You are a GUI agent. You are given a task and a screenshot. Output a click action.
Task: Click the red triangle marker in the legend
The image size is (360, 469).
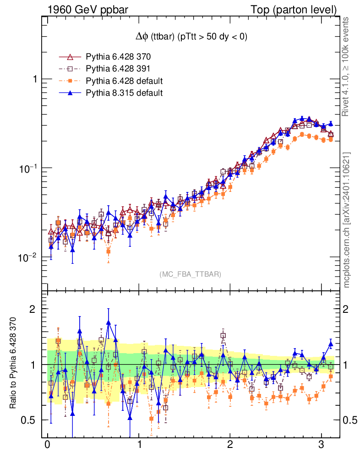pyautogui.click(x=70, y=57)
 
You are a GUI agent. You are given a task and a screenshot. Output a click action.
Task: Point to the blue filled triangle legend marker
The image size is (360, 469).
pyautogui.click(x=70, y=93)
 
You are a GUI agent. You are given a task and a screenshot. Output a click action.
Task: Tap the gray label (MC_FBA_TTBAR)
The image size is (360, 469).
pyautogui.click(x=190, y=274)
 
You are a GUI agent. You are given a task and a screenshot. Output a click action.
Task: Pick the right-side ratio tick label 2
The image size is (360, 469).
pyautogui.click(x=349, y=309)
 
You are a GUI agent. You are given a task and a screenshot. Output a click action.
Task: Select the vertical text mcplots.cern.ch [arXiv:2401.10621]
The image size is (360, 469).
pyautogui.click(x=347, y=220)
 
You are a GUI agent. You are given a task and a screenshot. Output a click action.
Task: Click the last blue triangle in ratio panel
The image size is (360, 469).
pyautogui.click(x=331, y=344)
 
